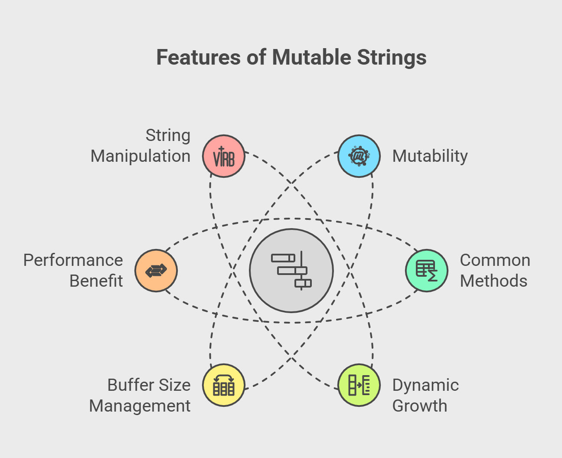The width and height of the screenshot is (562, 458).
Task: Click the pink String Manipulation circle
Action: click(224, 156)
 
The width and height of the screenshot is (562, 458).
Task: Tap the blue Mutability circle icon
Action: click(359, 156)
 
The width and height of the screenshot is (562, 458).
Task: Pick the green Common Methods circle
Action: click(427, 270)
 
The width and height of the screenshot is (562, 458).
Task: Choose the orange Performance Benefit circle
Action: click(156, 270)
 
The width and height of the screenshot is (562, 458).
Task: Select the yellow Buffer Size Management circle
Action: click(224, 385)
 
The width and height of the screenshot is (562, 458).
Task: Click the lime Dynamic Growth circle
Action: click(359, 385)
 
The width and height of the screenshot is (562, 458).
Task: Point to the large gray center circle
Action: click(291, 270)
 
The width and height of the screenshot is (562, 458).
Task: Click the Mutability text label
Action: click(430, 156)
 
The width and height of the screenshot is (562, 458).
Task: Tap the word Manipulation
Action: click(140, 156)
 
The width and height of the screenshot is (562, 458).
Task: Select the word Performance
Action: click(73, 260)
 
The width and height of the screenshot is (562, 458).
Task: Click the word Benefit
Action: click(96, 281)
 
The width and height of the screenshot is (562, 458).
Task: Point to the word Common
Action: click(495, 260)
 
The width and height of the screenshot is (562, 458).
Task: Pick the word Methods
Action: click(493, 281)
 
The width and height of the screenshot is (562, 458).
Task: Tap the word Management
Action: click(140, 406)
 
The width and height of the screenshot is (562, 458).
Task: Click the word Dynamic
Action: click(425, 385)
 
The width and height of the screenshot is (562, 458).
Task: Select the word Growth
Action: click(419, 406)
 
